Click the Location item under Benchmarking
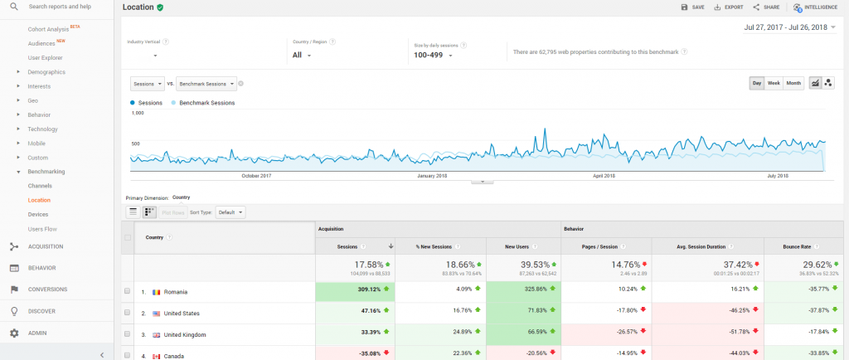[x=39, y=200]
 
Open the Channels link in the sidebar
[x=40, y=186]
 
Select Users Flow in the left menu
[x=42, y=228]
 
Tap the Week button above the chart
[x=774, y=83]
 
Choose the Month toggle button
[x=793, y=83]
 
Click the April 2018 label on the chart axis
[x=604, y=176]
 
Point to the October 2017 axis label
[x=255, y=176]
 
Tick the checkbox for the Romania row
[x=127, y=292]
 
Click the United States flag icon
[x=156, y=314]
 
